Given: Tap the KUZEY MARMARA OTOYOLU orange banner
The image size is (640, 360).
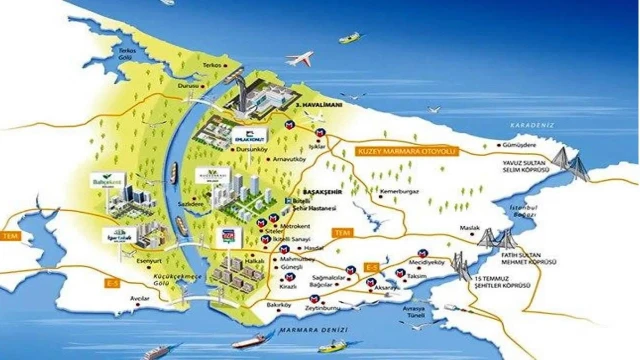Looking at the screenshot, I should pos(406,152).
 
